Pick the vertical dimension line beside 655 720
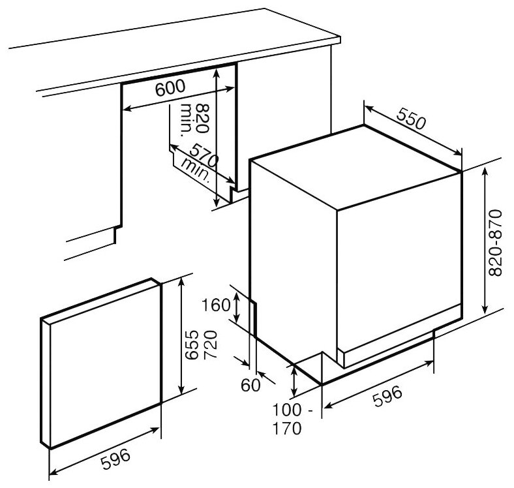(x=180, y=336)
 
